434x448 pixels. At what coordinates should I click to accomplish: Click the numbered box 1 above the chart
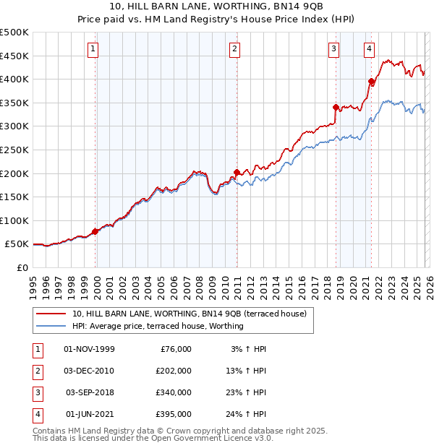coord(94,49)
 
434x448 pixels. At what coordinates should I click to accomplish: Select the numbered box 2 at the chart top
coord(235,49)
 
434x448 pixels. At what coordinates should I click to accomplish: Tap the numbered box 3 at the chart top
coord(333,49)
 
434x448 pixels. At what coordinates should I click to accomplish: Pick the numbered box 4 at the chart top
coord(369,49)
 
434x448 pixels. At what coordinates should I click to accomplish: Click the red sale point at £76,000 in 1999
coord(95,232)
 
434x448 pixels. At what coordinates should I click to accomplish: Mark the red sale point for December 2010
coord(237,173)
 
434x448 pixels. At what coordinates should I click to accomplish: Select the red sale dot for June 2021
coord(371,82)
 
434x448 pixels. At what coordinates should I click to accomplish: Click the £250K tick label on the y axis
coord(14,150)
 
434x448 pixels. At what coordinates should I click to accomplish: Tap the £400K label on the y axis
coord(14,79)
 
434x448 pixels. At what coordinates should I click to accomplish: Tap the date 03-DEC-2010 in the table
coord(89,371)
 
